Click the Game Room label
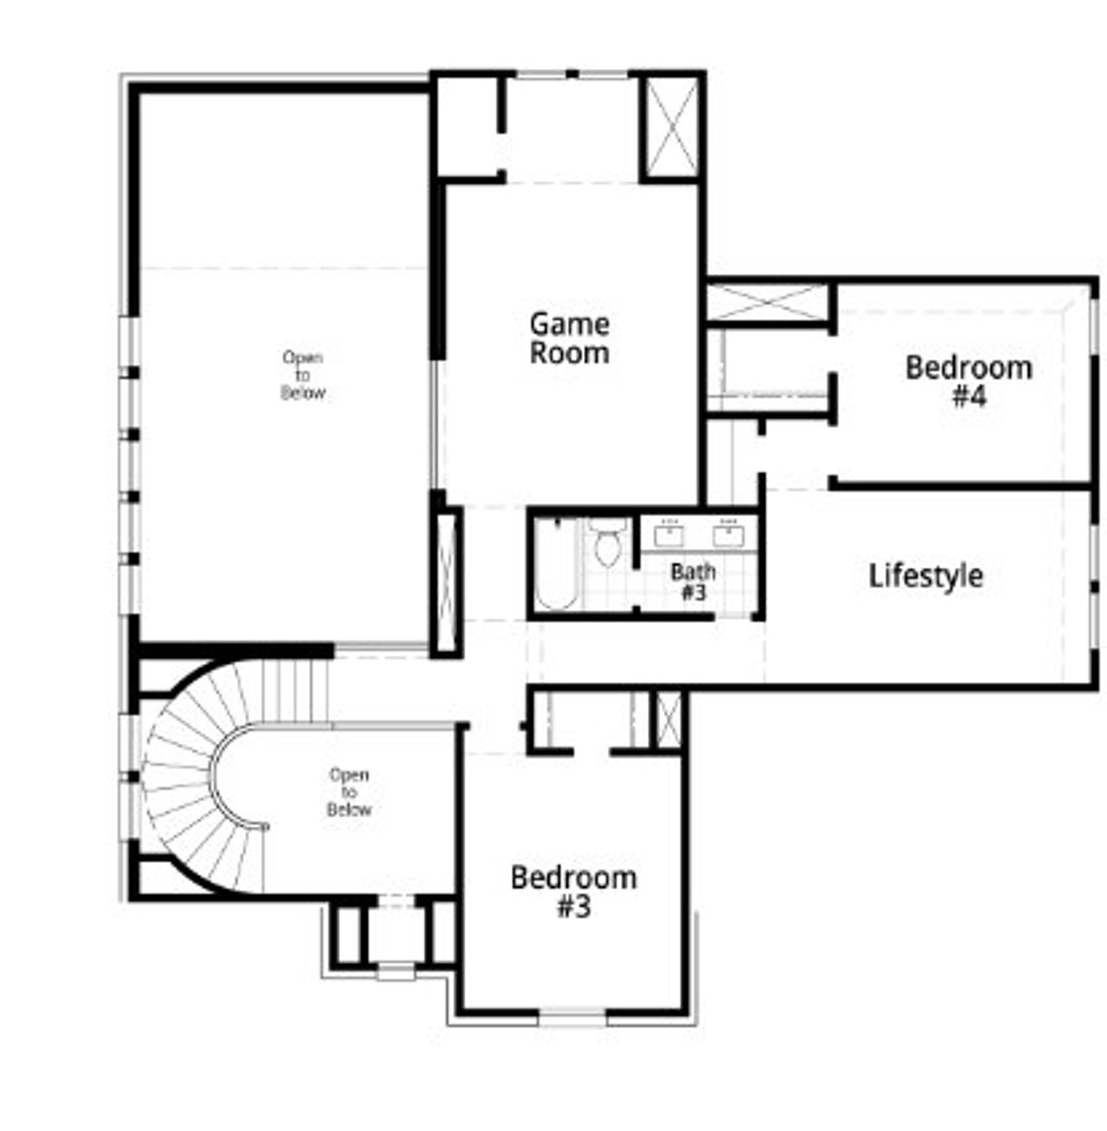pyautogui.click(x=569, y=338)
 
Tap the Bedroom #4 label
pyautogui.click(x=969, y=380)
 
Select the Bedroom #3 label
pyautogui.click(x=573, y=891)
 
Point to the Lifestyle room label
pyautogui.click(x=925, y=576)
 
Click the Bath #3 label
pyautogui.click(x=693, y=581)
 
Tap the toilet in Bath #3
pyautogui.click(x=609, y=543)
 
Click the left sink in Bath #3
pyautogui.click(x=669, y=535)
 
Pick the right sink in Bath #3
pyautogui.click(x=728, y=535)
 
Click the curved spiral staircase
pyautogui.click(x=186, y=778)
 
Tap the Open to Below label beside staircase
pyautogui.click(x=349, y=792)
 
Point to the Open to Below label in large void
pyautogui.click(x=303, y=375)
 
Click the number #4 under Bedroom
pyautogui.click(x=969, y=397)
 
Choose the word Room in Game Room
pyautogui.click(x=569, y=353)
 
